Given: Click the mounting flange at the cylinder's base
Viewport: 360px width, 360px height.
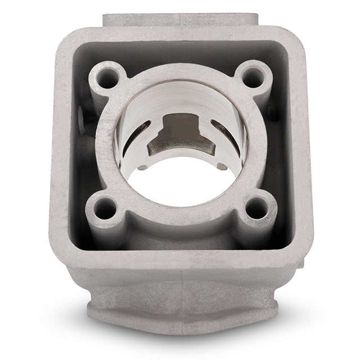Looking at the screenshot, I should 180,315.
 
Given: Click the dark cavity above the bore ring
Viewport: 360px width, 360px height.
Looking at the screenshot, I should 180,59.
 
